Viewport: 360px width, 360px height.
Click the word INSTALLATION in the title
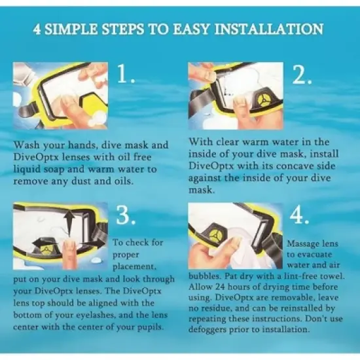tap(269, 29)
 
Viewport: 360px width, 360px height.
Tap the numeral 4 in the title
tap(37, 29)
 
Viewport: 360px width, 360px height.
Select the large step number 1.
tap(126, 73)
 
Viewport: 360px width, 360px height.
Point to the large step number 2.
tap(302, 75)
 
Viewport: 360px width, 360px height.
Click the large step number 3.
tap(126, 215)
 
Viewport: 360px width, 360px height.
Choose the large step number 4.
tap(299, 216)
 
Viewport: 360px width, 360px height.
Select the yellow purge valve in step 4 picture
tap(215, 236)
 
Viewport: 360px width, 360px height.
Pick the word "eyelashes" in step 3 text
tap(95, 315)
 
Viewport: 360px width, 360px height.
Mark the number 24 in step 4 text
tap(221, 287)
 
